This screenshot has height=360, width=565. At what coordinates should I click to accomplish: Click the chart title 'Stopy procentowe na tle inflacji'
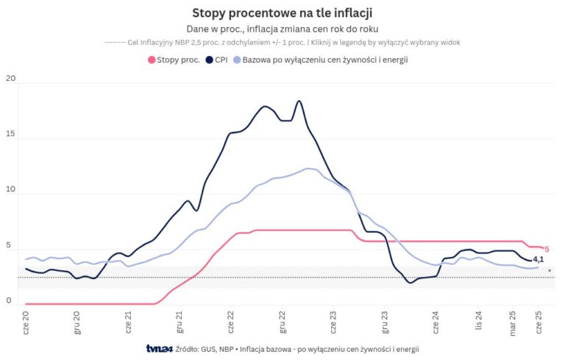(282, 13)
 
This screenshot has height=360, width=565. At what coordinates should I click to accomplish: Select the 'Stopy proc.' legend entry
(174, 60)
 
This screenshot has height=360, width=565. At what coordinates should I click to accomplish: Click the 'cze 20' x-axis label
(26, 321)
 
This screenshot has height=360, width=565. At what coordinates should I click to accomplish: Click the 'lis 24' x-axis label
(478, 321)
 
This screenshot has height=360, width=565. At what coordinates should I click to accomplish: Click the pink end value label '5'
(547, 250)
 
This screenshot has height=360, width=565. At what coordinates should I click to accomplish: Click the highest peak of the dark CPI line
(299, 101)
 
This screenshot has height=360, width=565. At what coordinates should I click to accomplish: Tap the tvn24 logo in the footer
(159, 348)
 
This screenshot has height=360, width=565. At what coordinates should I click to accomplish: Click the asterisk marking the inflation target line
(550, 272)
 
